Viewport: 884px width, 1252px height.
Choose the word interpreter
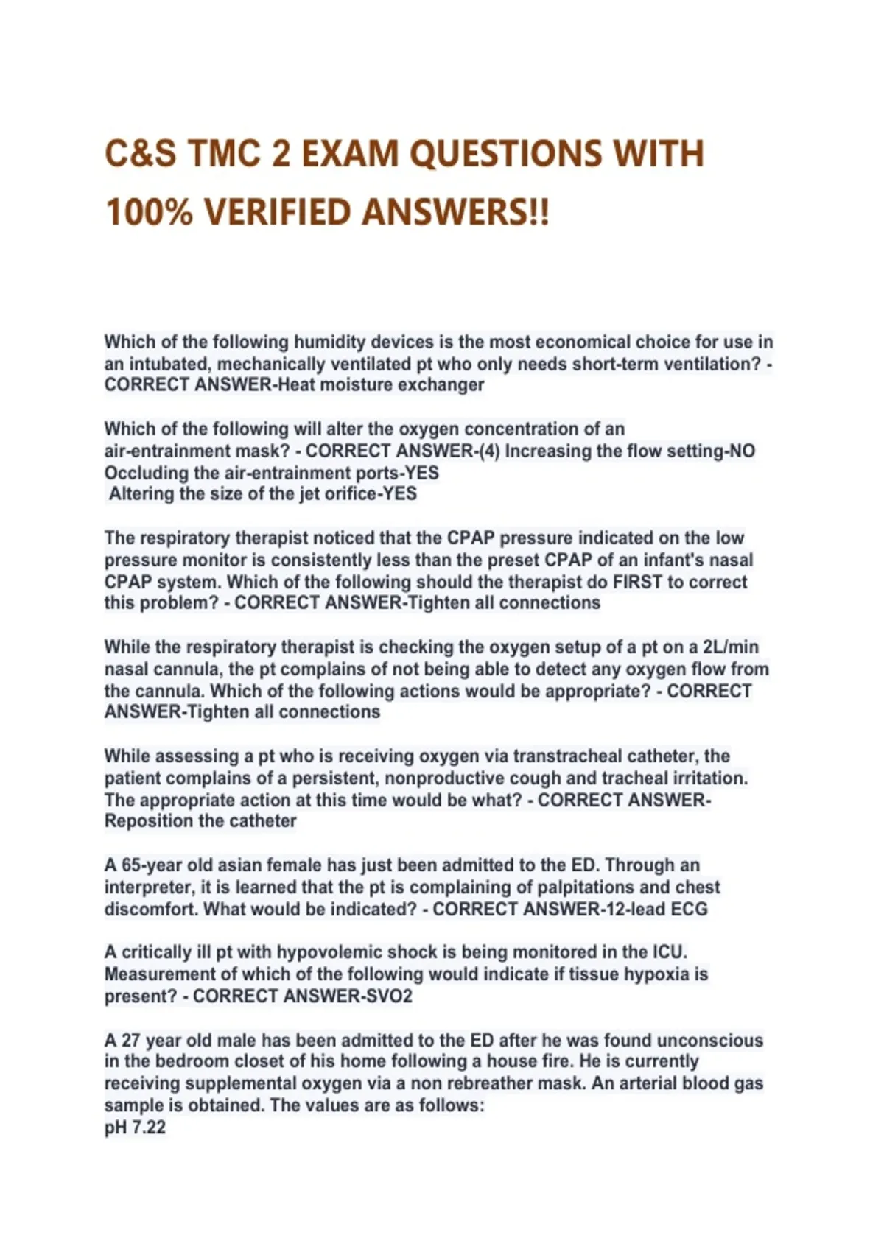click(148, 887)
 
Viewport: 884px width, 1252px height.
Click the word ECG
click(689, 909)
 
